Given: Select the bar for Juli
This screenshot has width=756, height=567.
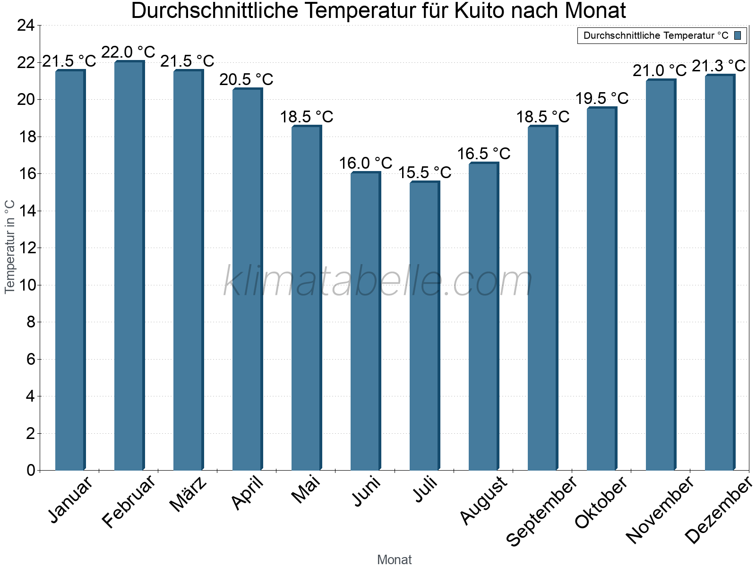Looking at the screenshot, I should (x=424, y=326).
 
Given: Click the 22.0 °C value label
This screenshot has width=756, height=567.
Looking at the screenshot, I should (x=129, y=52).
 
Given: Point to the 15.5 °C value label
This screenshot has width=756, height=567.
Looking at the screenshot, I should (x=425, y=172).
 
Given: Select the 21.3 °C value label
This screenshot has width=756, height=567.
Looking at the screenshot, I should (x=719, y=66).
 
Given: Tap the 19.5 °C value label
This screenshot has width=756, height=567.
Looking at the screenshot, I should (x=602, y=98).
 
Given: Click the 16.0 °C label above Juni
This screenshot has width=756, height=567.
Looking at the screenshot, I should (x=366, y=163).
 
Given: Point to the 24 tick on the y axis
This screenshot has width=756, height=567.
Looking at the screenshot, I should (x=26, y=26).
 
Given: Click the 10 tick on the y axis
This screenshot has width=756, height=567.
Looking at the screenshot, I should (x=26, y=285).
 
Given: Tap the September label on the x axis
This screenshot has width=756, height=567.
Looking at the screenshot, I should (x=541, y=510).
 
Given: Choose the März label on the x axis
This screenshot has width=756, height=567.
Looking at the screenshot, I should (x=188, y=494).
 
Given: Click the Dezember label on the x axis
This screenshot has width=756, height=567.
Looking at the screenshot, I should (x=718, y=510).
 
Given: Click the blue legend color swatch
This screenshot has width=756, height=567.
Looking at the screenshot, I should (x=738, y=35).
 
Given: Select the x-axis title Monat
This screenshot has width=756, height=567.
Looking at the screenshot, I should (x=395, y=559).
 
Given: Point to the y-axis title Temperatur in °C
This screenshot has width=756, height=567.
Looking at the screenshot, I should (x=10, y=247).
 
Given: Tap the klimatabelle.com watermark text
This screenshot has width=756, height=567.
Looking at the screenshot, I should (x=378, y=282).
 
